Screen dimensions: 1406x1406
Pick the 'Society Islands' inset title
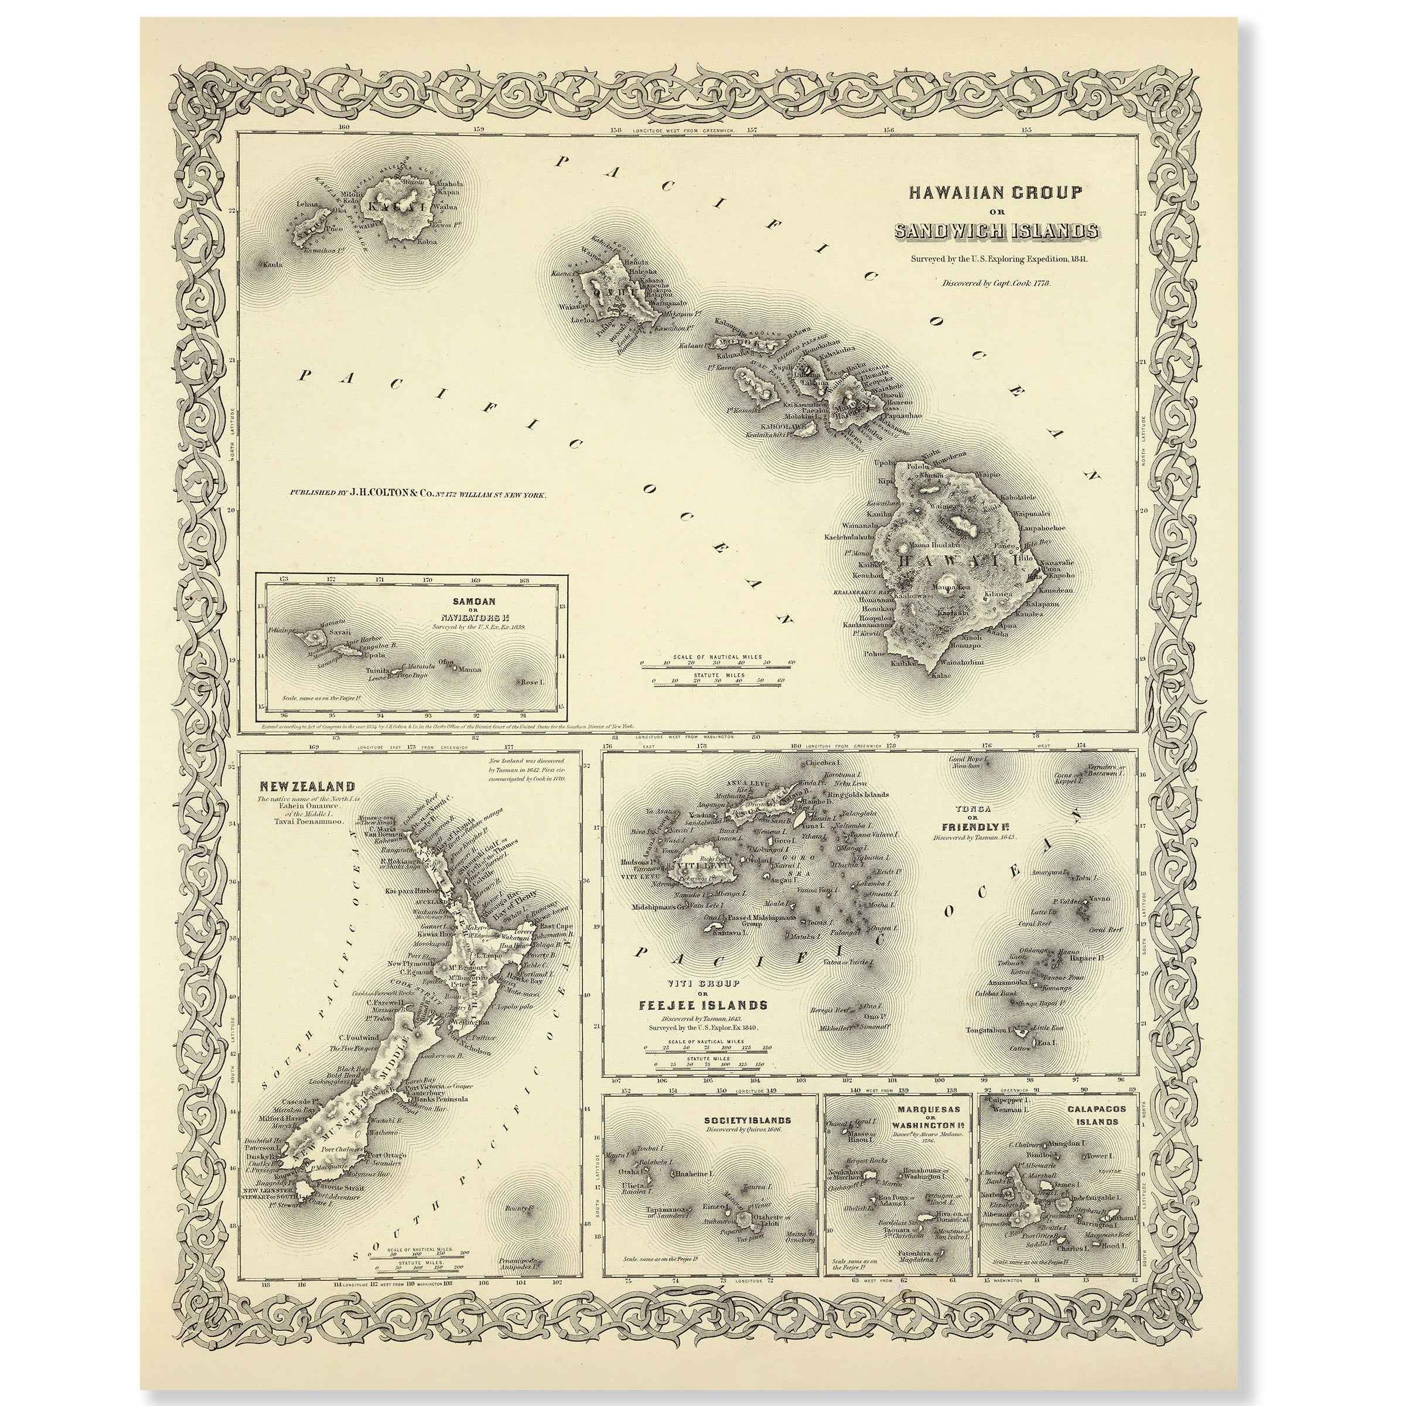[748, 1120]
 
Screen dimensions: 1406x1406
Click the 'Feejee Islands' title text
[703, 1006]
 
